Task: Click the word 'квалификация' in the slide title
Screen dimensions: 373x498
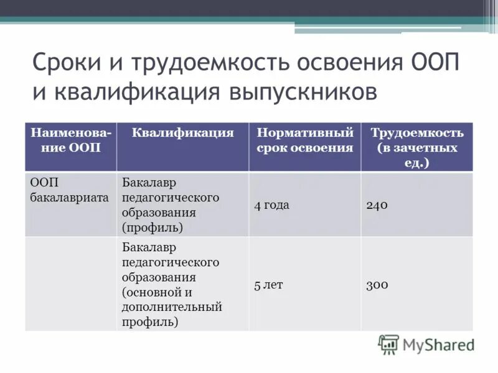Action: tap(129, 91)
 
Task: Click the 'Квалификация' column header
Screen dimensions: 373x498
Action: tap(182, 133)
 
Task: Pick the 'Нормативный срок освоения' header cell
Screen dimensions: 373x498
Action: tap(305, 140)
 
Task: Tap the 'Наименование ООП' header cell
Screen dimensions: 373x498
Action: tap(70, 140)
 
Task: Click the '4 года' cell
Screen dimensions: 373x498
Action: tap(271, 205)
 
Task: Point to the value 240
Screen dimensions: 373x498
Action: tap(377, 205)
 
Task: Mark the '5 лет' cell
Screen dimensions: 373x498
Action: tap(268, 285)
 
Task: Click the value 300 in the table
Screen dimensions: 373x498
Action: tap(377, 285)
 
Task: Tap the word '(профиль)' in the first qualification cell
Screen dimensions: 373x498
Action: tap(153, 228)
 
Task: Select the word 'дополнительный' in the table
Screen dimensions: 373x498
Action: tap(172, 307)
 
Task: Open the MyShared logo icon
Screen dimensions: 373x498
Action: tap(388, 344)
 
